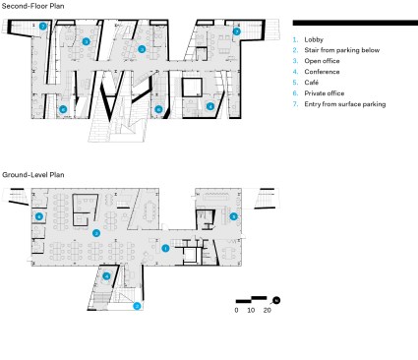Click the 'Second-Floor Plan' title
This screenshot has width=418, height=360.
(x=33, y=6)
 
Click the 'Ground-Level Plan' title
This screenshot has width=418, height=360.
(x=33, y=175)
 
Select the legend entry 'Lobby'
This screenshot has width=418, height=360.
(x=314, y=39)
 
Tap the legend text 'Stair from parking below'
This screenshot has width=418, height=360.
(x=342, y=50)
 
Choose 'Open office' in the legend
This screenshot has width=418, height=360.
(x=322, y=61)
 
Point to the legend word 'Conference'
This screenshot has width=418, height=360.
(x=322, y=72)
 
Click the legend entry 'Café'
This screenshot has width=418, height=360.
(x=312, y=83)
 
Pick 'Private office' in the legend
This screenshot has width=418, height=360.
(x=325, y=93)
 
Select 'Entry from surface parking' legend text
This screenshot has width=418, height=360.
(x=345, y=104)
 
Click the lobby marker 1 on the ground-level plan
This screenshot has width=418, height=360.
(x=165, y=249)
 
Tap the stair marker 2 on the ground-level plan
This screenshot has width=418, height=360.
(x=137, y=306)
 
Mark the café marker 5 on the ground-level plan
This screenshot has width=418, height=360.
(x=233, y=216)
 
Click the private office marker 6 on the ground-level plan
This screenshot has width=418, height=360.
(x=39, y=216)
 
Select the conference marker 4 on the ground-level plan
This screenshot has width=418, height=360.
(x=106, y=276)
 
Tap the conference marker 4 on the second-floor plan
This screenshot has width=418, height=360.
(x=210, y=106)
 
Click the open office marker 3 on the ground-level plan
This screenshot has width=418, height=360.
(x=96, y=233)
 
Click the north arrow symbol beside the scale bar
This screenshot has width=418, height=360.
(x=276, y=300)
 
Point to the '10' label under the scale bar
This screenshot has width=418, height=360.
(x=251, y=310)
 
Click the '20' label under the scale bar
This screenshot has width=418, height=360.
(x=268, y=310)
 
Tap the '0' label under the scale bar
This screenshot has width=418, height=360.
(x=236, y=310)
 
